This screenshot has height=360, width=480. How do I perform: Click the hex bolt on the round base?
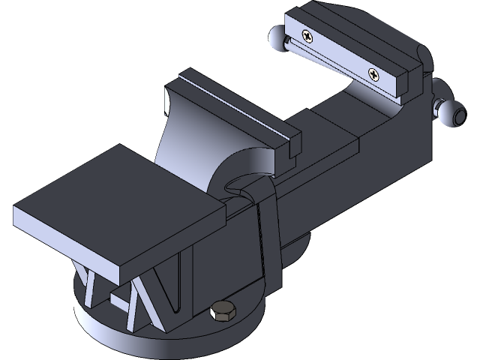click(223, 312)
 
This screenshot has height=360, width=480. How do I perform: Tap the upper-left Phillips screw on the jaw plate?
click(308, 34)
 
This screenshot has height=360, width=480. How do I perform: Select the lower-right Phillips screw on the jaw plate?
click(374, 73)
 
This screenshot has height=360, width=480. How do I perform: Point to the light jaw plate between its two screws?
click(341, 53)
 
